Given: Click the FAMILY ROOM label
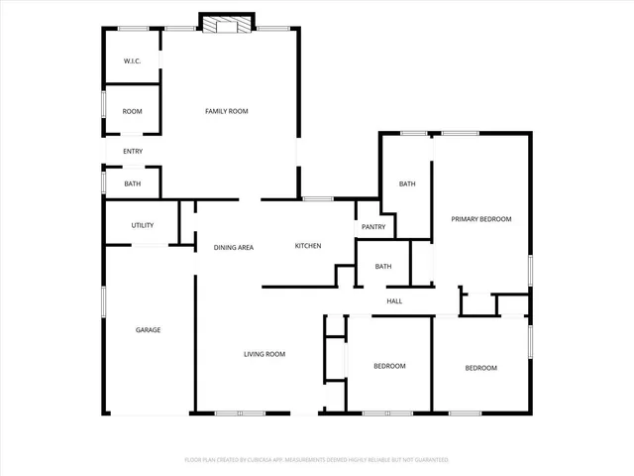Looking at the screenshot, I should pyautogui.click(x=226, y=111).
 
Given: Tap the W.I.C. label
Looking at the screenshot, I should pyautogui.click(x=133, y=61).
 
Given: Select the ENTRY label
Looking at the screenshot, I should pyautogui.click(x=133, y=151).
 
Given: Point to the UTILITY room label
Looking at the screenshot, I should pyautogui.click(x=142, y=225).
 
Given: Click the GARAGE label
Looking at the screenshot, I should pyautogui.click(x=148, y=330).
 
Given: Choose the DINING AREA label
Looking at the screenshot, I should pyautogui.click(x=234, y=247).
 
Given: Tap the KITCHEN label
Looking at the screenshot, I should pyautogui.click(x=307, y=246).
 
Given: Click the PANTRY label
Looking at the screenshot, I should pyautogui.click(x=373, y=227).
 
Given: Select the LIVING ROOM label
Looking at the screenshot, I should pyautogui.click(x=265, y=354).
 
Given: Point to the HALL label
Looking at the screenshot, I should pyautogui.click(x=394, y=301).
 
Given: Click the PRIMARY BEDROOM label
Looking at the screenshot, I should pyautogui.click(x=481, y=218).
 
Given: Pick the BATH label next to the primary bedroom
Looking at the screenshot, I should pyautogui.click(x=407, y=183).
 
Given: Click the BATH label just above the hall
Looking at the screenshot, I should pyautogui.click(x=383, y=266).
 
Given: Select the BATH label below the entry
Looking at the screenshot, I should pyautogui.click(x=133, y=183).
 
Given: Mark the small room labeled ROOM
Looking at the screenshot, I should pyautogui.click(x=133, y=111).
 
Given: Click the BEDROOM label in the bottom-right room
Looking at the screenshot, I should pyautogui.click(x=481, y=368).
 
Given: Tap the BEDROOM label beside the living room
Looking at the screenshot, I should pyautogui.click(x=389, y=366).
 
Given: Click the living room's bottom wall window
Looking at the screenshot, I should pyautogui.click(x=240, y=413).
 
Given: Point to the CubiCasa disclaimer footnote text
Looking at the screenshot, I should pyautogui.click(x=317, y=460).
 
